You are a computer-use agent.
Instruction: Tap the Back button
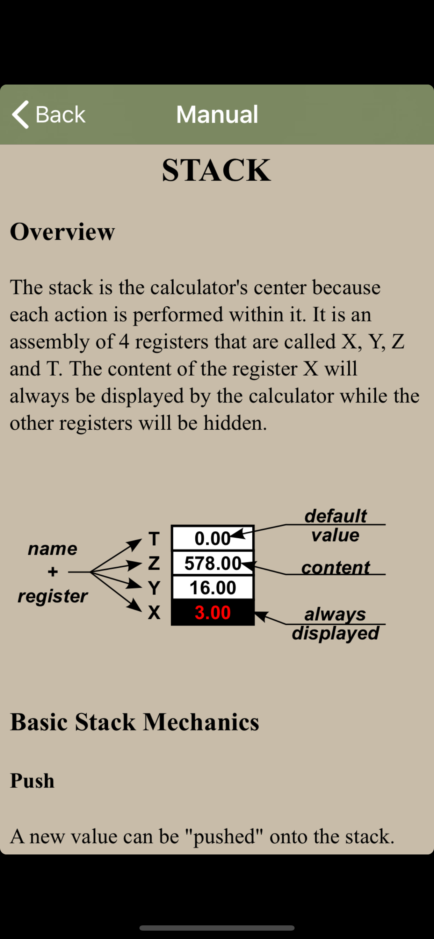[x=49, y=115]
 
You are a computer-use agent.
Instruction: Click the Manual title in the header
[x=217, y=114]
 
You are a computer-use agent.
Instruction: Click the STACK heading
[x=217, y=170]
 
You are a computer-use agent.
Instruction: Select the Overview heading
[x=62, y=232]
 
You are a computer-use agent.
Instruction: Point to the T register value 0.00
[x=212, y=538]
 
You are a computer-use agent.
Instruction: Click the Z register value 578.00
[x=212, y=563]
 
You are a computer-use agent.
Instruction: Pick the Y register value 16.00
[x=212, y=587]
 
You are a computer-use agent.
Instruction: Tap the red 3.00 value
[x=212, y=612]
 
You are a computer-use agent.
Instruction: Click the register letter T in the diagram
[x=154, y=539]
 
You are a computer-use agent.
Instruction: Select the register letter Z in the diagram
[x=154, y=563]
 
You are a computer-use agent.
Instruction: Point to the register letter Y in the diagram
[x=154, y=588]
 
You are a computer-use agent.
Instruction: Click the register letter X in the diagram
[x=154, y=612]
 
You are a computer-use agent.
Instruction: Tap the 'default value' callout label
[x=335, y=525]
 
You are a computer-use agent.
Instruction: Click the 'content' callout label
[x=335, y=567]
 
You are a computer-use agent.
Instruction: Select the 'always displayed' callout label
[x=335, y=624]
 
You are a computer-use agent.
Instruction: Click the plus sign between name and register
[x=53, y=572]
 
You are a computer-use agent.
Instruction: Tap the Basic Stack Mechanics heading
[x=135, y=722]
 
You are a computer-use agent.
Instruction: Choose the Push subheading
[x=32, y=781]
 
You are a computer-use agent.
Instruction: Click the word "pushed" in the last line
[x=224, y=837]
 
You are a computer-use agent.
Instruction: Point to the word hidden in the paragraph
[x=235, y=423]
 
